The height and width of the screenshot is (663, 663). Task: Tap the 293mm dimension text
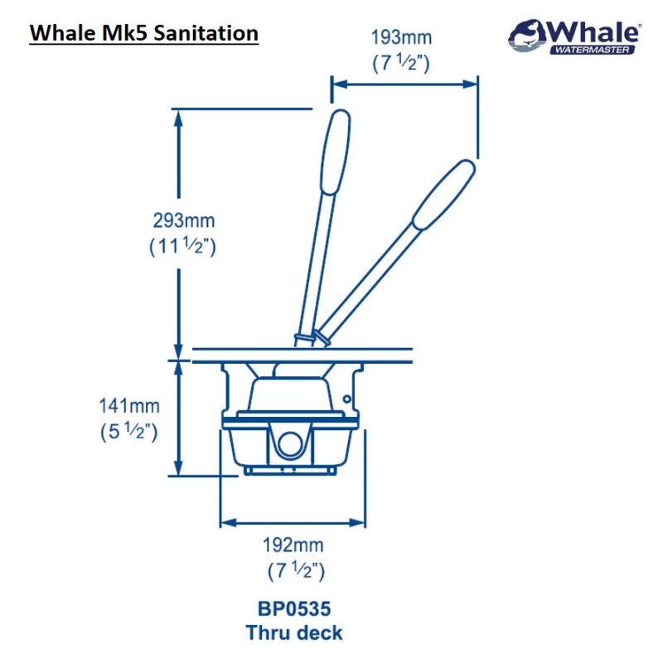click(183, 221)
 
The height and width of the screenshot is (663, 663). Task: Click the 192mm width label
click(293, 545)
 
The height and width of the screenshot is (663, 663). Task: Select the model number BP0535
click(293, 609)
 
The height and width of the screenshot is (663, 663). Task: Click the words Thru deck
click(293, 633)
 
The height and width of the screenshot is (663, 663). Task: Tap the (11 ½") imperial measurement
click(183, 246)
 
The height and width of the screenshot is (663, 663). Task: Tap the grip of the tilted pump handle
click(443, 194)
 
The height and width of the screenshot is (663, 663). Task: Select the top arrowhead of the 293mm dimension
click(177, 115)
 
